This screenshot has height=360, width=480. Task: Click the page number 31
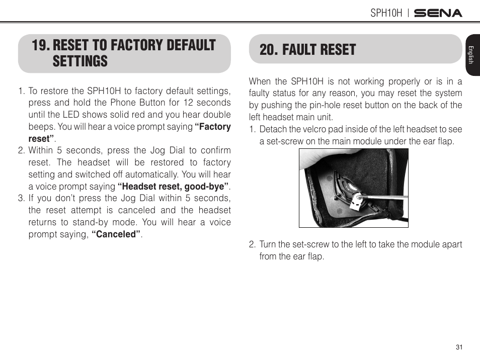(458, 347)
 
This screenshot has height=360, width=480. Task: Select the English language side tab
(471, 55)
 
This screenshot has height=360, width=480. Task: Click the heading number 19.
(40, 45)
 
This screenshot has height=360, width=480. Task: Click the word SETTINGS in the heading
(80, 61)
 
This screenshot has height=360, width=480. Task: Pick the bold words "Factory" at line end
(214, 127)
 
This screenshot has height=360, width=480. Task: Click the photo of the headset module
(353, 188)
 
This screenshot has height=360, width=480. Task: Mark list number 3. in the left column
(21, 199)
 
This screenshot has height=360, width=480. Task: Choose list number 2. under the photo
(253, 244)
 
